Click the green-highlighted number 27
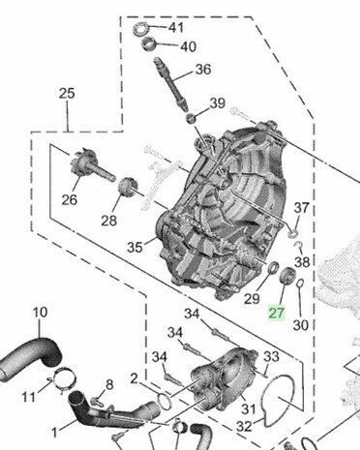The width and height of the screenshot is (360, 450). pos(277,313)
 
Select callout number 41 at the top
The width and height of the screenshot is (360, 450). pos(176,27)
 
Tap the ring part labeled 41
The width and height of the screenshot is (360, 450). pos(141,29)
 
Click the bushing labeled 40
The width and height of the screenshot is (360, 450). pos(149,44)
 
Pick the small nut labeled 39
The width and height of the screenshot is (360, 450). pos(192,118)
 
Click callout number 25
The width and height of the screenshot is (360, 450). pos(67,94)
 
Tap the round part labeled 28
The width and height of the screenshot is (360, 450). pos(128,187)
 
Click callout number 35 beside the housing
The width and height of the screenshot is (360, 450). pos(135,248)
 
